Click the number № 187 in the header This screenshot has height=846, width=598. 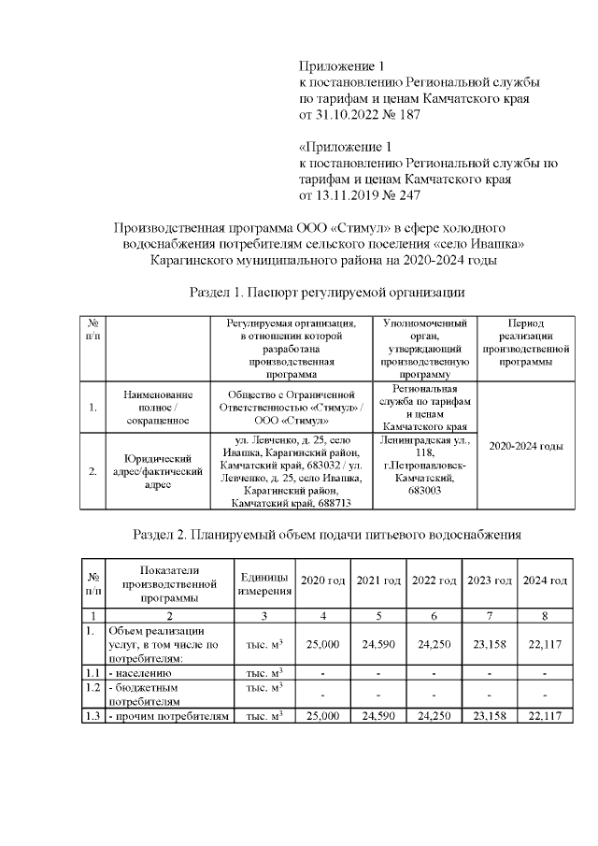[399, 115]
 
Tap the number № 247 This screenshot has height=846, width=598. [399, 195]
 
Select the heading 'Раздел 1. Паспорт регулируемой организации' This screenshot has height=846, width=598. [327, 292]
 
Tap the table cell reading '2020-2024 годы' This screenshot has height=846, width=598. [526, 446]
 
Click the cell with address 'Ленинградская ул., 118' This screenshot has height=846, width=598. [424, 471]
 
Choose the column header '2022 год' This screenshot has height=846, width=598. [434, 581]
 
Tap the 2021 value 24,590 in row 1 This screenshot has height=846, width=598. [378, 644]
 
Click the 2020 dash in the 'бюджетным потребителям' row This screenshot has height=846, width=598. [322, 694]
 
